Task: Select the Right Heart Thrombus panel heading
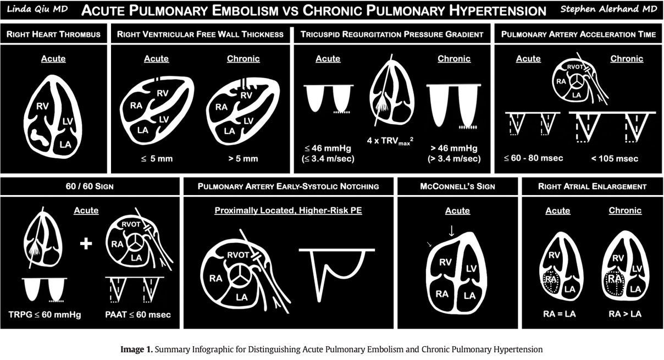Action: [53, 34]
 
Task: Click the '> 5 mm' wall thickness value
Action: [242, 159]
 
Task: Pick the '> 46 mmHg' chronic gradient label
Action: [454, 148]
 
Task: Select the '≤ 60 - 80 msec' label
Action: [533, 159]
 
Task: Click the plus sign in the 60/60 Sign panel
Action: [86, 243]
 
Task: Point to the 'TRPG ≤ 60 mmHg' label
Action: [44, 315]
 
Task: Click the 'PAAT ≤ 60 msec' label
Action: [137, 315]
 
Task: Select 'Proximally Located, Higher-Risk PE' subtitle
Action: [288, 211]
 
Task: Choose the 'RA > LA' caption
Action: [626, 314]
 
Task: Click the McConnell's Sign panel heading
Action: [457, 186]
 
